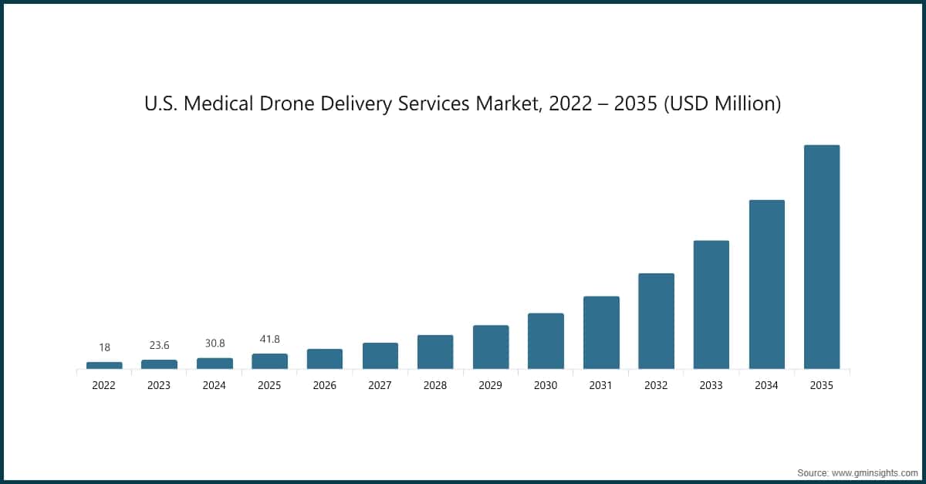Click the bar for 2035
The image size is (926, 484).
click(x=822, y=257)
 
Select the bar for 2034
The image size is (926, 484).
click(x=766, y=284)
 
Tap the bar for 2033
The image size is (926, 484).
click(x=711, y=304)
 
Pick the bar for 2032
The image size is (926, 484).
click(x=656, y=321)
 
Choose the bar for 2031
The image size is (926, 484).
click(x=601, y=333)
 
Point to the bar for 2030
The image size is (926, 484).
click(x=546, y=341)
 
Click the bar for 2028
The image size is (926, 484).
click(x=435, y=352)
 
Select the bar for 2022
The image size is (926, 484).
click(x=104, y=365)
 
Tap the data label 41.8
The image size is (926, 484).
click(x=269, y=340)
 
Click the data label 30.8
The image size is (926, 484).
click(x=215, y=344)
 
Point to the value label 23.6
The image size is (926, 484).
click(x=159, y=346)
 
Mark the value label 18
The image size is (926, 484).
click(x=104, y=348)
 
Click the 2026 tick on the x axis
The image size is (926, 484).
click(x=325, y=386)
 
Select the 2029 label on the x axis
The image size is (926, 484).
click(x=491, y=386)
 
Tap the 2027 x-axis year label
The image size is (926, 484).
click(x=380, y=386)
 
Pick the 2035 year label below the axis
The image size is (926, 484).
click(x=822, y=386)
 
